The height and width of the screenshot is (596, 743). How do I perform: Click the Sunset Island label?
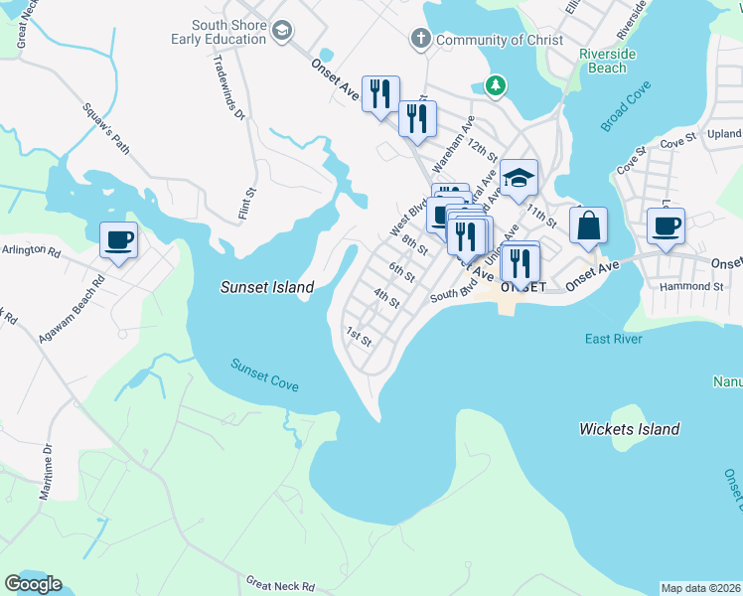point(266,287)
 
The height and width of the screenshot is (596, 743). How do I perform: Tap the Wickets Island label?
point(630,429)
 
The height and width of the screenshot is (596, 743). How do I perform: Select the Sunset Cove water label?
point(264,374)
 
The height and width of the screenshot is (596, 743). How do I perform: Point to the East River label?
point(613,339)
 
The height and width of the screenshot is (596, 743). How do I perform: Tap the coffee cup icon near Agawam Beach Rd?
point(119,239)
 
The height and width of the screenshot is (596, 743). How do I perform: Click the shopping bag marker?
point(588,225)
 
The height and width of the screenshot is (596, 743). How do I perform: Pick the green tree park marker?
point(495,86)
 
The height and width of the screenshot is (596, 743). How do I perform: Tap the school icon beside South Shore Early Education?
point(282,32)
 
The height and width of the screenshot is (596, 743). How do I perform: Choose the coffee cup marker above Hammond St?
point(666,224)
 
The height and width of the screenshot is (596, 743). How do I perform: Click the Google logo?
point(33,584)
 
